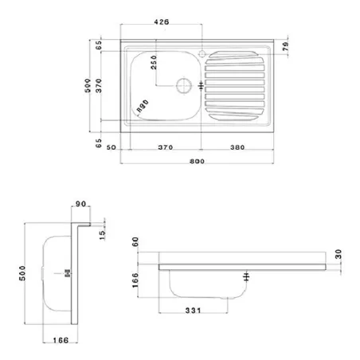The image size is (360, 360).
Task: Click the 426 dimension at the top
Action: tap(162, 22)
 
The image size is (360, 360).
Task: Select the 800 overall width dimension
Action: tap(197, 161)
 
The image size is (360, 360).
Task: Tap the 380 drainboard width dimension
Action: tap(237, 147)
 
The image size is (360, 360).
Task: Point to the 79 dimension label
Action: tap(286, 46)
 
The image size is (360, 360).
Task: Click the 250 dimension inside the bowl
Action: tap(154, 62)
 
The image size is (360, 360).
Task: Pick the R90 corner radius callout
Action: tap(143, 106)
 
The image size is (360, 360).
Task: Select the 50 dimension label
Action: tap(112, 147)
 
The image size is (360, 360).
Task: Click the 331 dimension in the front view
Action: tap(193, 310)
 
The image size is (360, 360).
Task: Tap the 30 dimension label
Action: tap(338, 254)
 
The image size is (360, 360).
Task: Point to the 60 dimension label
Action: tap(135, 242)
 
